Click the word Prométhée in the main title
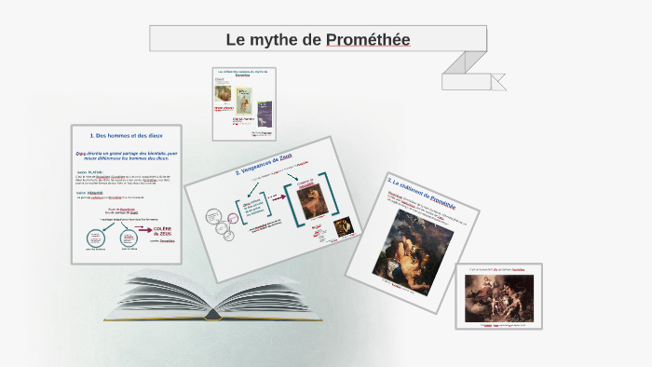[369, 39]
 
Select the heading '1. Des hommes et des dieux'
[126, 136]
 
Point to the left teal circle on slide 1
[96, 238]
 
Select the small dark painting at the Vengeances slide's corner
[343, 225]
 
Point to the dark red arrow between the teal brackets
[275, 197]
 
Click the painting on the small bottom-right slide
[496, 297]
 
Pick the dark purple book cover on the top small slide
[265, 110]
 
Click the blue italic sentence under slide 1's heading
[126, 155]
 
